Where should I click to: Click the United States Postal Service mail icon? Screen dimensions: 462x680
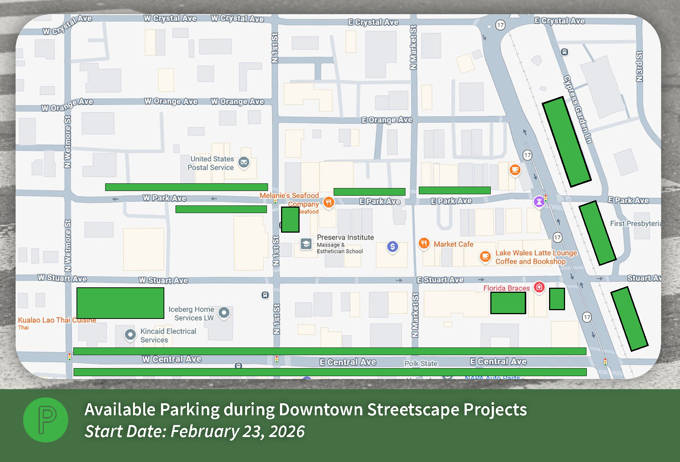click(244, 162)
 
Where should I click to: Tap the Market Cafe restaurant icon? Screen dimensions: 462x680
click(424, 243)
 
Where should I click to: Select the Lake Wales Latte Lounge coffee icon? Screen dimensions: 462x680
click(485, 257)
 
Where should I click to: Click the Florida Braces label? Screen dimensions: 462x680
click(506, 288)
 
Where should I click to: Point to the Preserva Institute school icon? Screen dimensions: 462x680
click(306, 244)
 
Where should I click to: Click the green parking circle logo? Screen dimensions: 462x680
click(46, 420)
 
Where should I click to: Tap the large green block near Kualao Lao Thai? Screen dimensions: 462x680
click(120, 303)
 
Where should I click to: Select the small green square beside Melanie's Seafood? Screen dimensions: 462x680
click(290, 219)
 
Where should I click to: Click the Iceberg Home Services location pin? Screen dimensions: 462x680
click(224, 312)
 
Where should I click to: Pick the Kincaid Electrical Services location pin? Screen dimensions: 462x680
click(130, 334)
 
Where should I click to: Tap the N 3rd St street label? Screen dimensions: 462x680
click(639, 66)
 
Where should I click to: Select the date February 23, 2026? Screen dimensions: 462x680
click(238, 431)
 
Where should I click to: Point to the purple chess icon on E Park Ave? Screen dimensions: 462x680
click(539, 201)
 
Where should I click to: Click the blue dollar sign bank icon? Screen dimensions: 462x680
click(392, 247)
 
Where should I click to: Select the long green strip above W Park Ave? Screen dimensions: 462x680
click(186, 187)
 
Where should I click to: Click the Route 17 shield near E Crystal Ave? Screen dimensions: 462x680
click(500, 25)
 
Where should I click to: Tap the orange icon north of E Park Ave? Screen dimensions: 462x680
click(515, 169)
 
